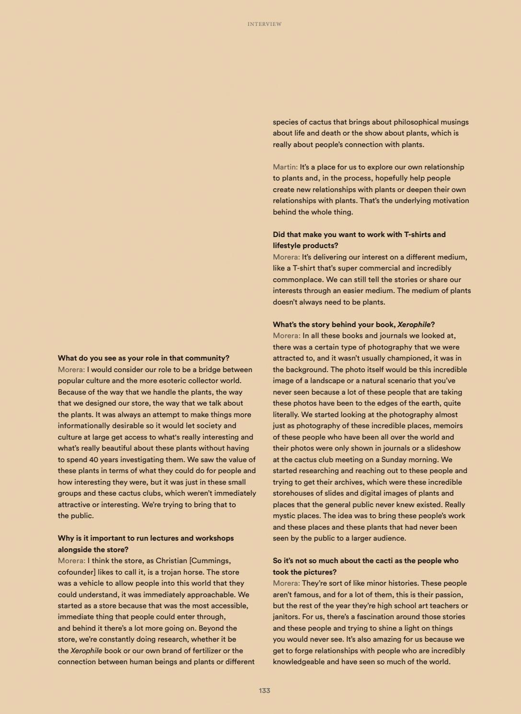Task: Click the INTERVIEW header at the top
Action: tap(265, 24)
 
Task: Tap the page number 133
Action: tap(265, 691)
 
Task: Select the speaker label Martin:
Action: tap(285, 167)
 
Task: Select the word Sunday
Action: tap(393, 460)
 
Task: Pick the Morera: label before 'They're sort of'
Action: tap(286, 583)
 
